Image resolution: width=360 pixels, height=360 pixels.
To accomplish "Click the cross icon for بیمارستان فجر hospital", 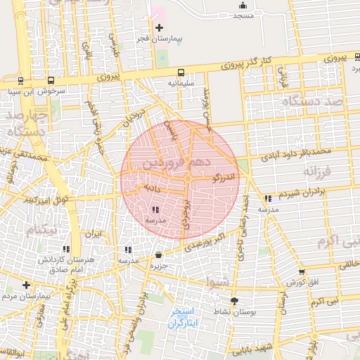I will (x=160, y=27).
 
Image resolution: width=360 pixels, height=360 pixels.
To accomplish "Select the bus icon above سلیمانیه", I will (x=181, y=72).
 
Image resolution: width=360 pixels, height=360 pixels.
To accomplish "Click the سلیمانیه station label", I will (x=181, y=82).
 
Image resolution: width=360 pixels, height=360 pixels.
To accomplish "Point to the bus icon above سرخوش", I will (x=51, y=81).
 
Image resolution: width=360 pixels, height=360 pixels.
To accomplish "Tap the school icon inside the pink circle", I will (x=155, y=210).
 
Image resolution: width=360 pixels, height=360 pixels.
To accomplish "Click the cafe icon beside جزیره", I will (x=158, y=255).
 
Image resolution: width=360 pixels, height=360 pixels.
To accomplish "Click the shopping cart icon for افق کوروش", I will (x=302, y=272).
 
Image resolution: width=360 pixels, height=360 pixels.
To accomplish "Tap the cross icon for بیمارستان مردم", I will (x=26, y=285).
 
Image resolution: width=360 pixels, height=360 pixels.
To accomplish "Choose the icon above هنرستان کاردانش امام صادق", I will (x=67, y=249).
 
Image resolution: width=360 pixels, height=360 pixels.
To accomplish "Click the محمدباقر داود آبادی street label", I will (x=294, y=151).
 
